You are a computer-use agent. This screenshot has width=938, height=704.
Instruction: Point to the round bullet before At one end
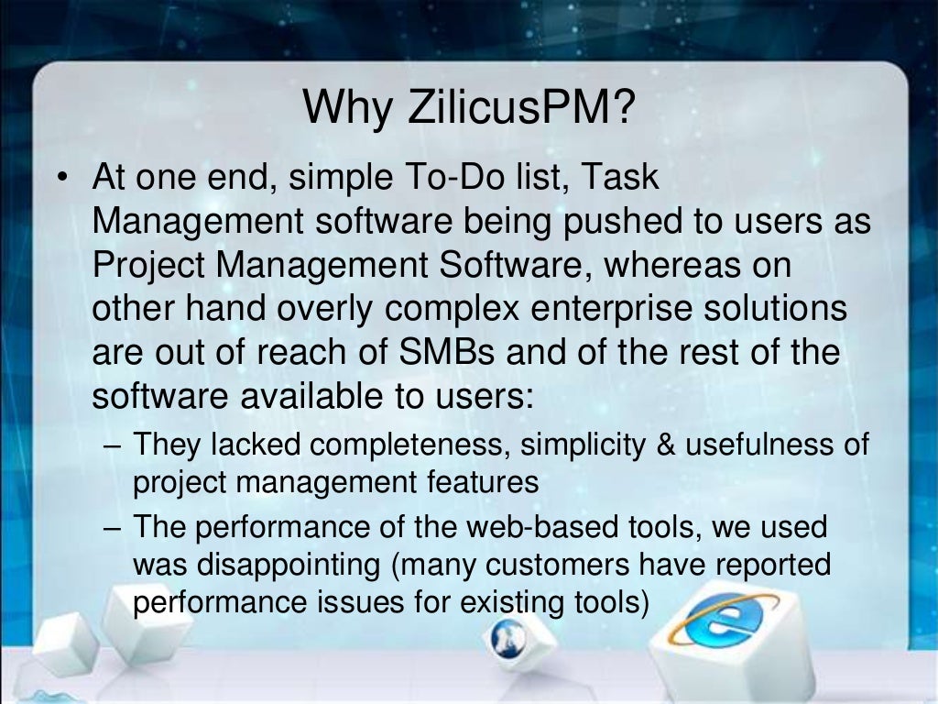coord(61,177)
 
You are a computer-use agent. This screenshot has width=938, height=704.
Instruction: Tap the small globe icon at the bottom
coord(507,634)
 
